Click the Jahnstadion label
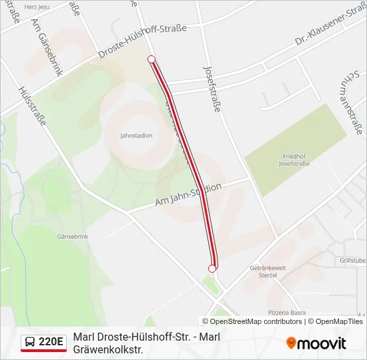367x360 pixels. click(136, 135)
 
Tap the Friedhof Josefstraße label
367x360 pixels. click(294, 160)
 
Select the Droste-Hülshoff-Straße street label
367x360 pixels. click(141, 42)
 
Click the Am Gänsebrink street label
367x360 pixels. click(45, 47)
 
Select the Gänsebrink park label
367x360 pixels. click(73, 237)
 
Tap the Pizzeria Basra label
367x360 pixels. click(287, 312)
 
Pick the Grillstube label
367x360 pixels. click(352, 260)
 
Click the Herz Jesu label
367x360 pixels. click(37, 7)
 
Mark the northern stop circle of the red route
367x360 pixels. click(151, 59)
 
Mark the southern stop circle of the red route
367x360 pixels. click(212, 269)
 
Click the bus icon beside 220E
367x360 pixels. click(30, 342)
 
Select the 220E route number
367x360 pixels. click(51, 342)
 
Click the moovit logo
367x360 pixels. click(316, 343)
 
